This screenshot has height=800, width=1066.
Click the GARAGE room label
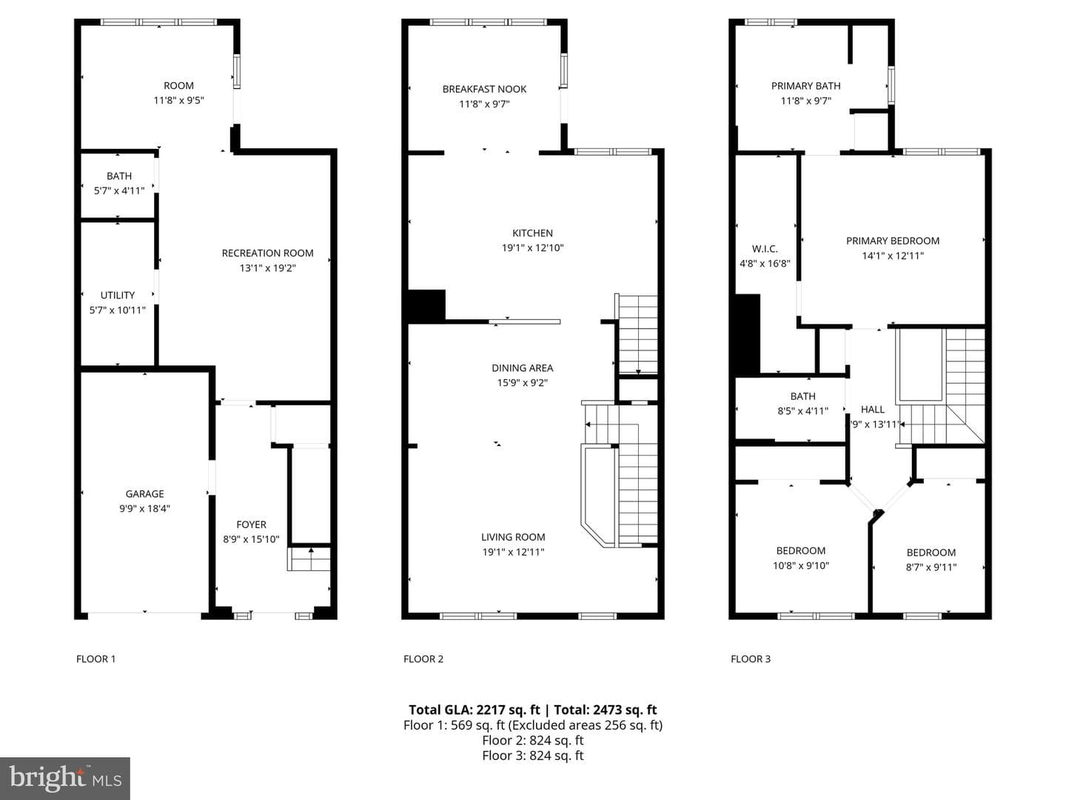144,494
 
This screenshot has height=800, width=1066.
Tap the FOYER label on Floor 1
251,524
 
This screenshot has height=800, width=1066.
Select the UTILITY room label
118,296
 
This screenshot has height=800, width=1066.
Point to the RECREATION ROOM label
267,253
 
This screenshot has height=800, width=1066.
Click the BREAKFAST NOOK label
484,90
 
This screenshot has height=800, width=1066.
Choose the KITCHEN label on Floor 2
532,233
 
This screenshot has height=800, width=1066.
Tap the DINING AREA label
522,368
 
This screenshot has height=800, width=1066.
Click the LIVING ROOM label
513,537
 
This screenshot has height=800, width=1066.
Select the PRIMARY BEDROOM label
893,241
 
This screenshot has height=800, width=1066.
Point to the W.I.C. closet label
765,249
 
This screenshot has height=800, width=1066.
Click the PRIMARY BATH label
805,86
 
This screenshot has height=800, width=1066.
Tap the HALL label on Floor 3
872,410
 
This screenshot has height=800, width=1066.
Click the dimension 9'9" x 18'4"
144,509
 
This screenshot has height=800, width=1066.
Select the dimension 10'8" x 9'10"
801,565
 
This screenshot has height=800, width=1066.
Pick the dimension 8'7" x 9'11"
931,567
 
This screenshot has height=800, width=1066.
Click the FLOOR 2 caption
423,659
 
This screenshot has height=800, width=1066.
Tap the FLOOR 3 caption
751,659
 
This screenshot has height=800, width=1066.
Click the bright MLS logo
65,779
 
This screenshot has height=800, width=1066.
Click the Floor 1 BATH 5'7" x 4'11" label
119,183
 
